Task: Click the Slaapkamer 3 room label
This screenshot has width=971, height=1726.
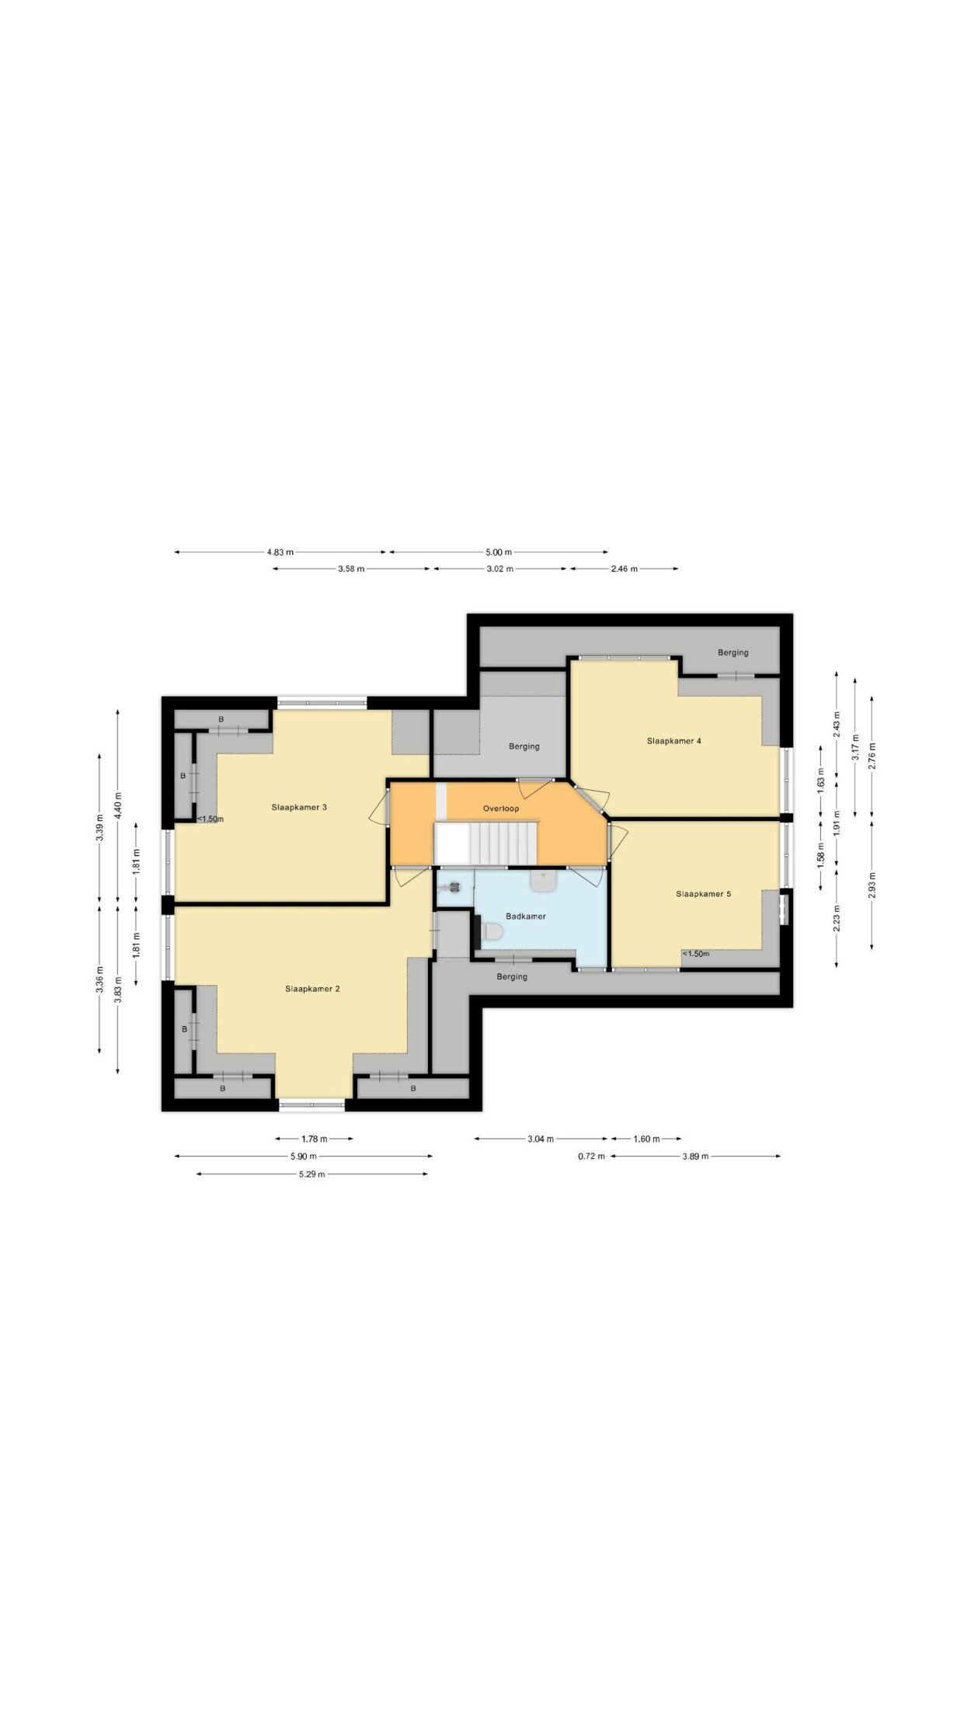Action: [x=299, y=807]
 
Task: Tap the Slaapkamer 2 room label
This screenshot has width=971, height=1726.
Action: [x=312, y=989]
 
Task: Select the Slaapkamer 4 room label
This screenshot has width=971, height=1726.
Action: [x=674, y=741]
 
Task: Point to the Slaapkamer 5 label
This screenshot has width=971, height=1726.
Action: [x=704, y=894]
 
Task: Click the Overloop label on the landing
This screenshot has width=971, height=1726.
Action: [x=501, y=809]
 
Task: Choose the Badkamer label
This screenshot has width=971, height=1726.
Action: [x=526, y=917]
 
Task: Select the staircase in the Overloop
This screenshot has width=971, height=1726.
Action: [x=486, y=844]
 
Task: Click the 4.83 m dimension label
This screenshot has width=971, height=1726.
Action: [x=280, y=552]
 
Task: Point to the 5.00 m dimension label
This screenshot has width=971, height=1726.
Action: [x=499, y=552]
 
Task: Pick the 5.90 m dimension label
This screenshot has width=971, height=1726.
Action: [x=304, y=1157]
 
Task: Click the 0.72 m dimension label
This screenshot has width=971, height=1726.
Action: [x=591, y=1157]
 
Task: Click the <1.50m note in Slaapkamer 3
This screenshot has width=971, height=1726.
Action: [x=210, y=819]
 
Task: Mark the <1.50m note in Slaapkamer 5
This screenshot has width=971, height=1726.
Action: [x=696, y=954]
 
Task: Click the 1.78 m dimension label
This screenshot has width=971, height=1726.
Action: [x=314, y=1139]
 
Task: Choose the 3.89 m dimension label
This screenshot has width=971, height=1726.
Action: [x=695, y=1157]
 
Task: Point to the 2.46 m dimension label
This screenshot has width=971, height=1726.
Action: [x=624, y=569]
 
